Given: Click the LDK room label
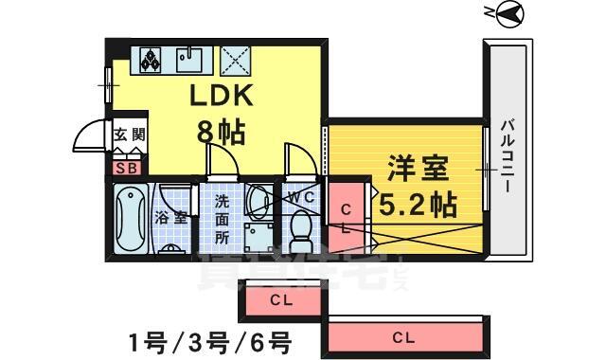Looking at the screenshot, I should (223, 97).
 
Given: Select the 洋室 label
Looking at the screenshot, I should (418, 169).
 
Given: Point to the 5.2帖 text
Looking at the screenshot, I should (418, 202).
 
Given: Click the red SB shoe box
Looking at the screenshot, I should (125, 169).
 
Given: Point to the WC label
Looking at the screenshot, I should (302, 196).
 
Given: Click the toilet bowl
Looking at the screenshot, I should (301, 227).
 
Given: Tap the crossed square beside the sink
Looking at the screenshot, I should (234, 60).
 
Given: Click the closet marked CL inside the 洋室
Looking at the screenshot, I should (346, 217).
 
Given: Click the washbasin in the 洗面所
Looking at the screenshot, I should (257, 200).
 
